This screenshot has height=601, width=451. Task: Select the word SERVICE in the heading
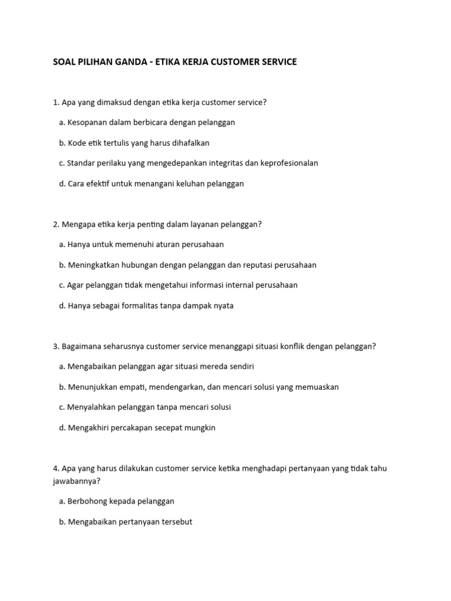click(x=277, y=62)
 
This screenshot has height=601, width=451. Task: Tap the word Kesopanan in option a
click(x=88, y=123)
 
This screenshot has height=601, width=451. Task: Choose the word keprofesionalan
click(x=287, y=163)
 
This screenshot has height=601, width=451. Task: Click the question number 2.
click(x=56, y=224)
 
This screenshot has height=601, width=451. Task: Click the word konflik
click(x=285, y=346)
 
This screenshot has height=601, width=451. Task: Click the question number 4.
click(x=56, y=468)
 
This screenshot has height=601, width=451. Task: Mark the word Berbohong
click(x=88, y=501)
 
